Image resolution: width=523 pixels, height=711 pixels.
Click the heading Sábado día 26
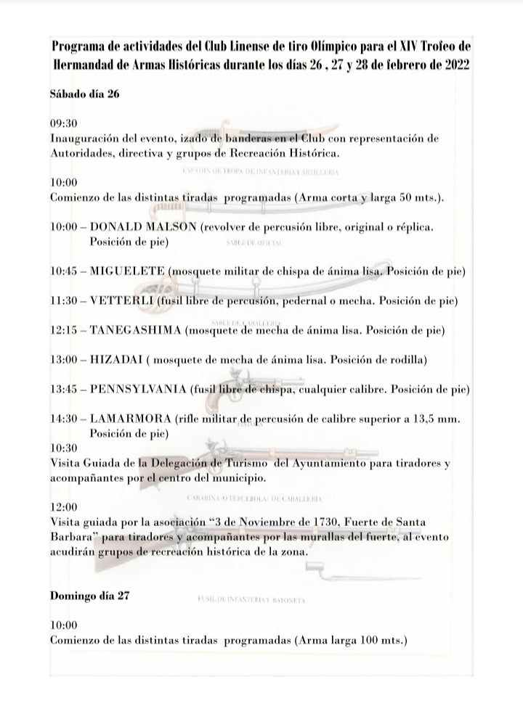click(84, 94)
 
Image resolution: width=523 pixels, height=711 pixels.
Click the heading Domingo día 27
click(89, 596)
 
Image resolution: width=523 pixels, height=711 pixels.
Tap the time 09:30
click(64, 124)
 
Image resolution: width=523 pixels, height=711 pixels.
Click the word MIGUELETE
click(128, 272)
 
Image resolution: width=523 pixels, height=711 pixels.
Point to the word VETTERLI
click(121, 300)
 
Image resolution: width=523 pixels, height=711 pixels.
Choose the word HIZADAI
click(115, 360)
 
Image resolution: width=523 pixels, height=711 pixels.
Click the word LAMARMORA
click(131, 419)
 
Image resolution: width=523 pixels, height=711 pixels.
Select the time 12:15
click(64, 330)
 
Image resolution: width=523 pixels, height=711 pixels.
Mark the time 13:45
click(64, 390)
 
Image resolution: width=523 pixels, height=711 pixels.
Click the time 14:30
click(64, 419)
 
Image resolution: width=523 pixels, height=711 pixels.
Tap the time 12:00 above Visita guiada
click(64, 507)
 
